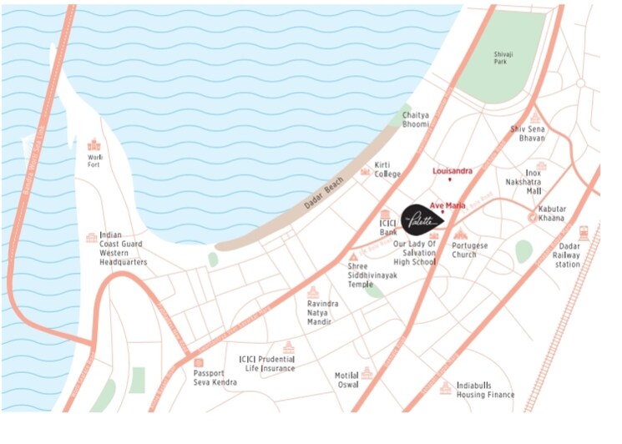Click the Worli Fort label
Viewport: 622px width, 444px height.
[x=94, y=160]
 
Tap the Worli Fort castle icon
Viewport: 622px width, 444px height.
[x=94, y=144]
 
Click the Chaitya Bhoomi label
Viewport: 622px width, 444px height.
[x=416, y=119]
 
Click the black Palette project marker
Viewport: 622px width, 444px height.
[x=421, y=220]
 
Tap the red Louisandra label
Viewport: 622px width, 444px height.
[x=453, y=171]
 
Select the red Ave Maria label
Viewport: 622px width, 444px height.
[x=448, y=204]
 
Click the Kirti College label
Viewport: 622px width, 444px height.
[x=388, y=169]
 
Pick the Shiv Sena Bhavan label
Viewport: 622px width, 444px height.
[x=528, y=134]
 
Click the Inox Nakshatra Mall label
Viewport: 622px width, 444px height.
[x=523, y=181]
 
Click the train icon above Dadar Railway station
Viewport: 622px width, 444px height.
[x=584, y=234]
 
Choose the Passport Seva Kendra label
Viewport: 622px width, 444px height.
[x=215, y=377]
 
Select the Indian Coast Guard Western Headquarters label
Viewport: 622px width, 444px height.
[x=123, y=249]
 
